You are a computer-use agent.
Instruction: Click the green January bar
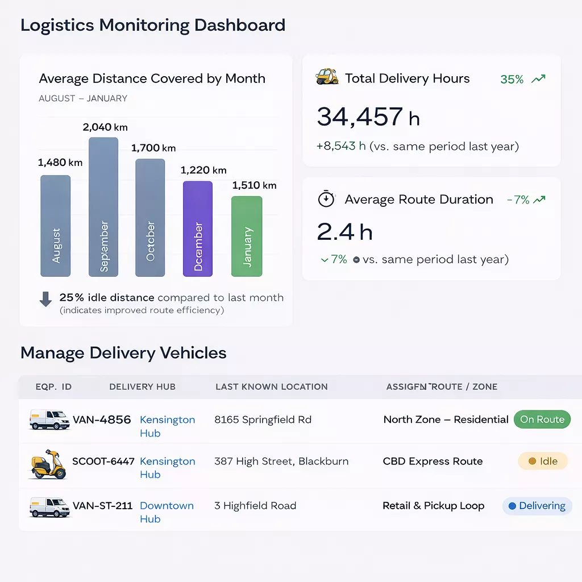[x=247, y=236]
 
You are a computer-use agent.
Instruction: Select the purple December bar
[x=198, y=229]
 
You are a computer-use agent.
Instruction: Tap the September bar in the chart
[x=103, y=207]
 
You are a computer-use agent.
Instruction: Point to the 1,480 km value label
[x=60, y=163]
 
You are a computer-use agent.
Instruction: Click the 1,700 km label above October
[x=153, y=148]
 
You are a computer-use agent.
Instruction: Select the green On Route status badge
[x=542, y=419]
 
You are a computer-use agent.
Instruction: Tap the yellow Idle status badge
[x=543, y=461]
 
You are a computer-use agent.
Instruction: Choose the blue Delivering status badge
[x=537, y=506]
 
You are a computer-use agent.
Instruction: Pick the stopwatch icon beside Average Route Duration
[x=326, y=199]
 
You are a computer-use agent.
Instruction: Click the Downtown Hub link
[x=167, y=512]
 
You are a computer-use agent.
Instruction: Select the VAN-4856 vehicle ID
[x=102, y=420]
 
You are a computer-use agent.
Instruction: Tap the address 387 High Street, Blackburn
[x=281, y=461]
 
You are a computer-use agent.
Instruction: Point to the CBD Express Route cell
[x=433, y=461]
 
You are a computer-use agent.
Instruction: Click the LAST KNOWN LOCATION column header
[x=272, y=386]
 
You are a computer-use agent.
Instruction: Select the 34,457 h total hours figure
[x=368, y=117]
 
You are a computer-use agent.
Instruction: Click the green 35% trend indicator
[x=522, y=80]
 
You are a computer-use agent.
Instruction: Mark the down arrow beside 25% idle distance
[x=45, y=299]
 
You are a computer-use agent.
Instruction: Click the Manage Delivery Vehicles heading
[x=123, y=353]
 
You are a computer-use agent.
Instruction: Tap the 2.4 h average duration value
[x=344, y=232]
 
